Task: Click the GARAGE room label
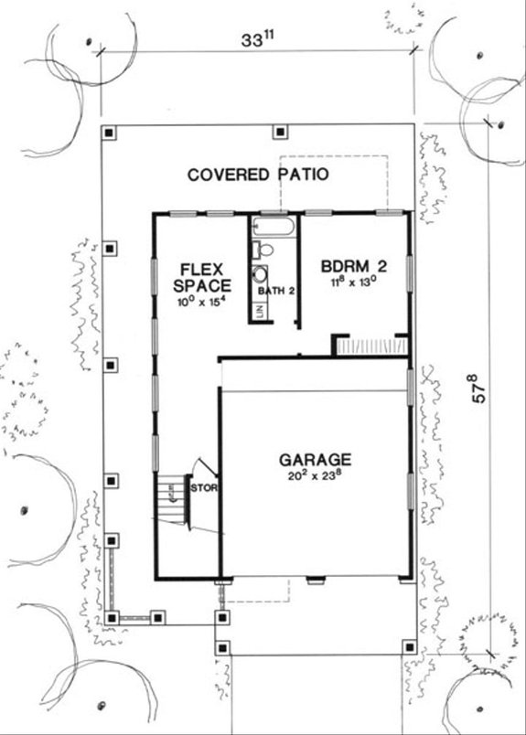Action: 315,459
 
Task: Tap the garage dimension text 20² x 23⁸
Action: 315,476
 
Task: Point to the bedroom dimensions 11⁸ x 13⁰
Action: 355,283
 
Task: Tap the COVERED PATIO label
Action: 258,175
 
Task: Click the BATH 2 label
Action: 276,291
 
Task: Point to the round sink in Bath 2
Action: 261,273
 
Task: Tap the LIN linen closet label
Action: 260,311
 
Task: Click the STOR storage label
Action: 202,487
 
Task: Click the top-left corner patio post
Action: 110,133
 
